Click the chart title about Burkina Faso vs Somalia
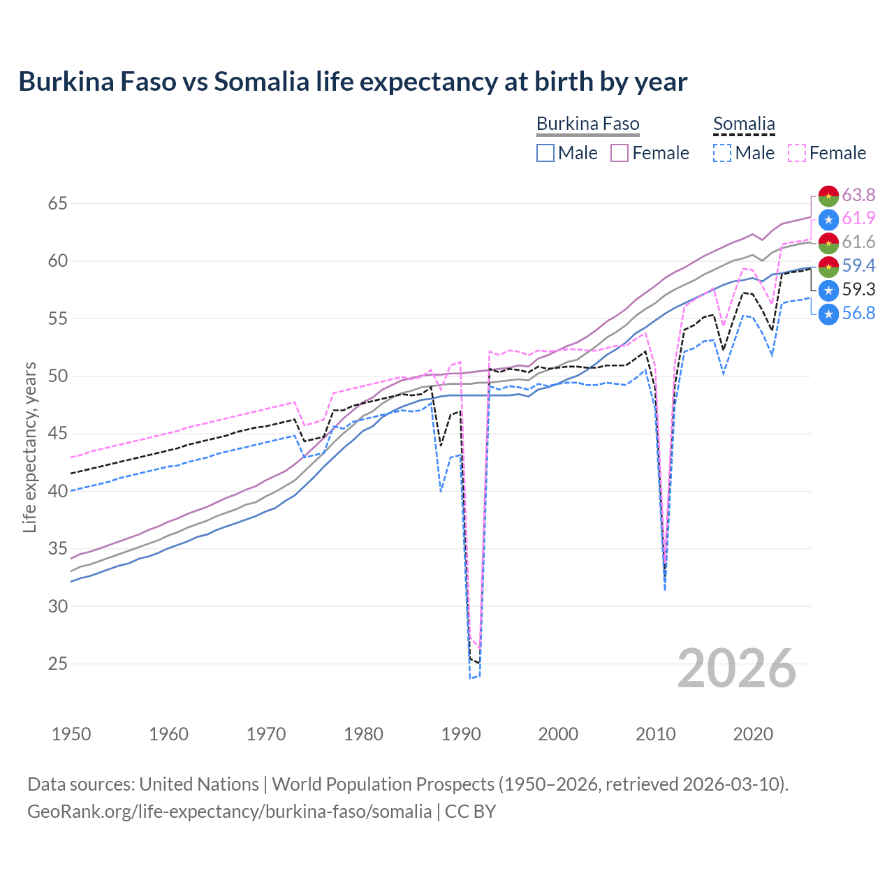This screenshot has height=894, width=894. pyautogui.click(x=353, y=82)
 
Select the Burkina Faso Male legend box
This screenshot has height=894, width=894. pyautogui.click(x=545, y=153)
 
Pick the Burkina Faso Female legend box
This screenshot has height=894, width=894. pyautogui.click(x=620, y=153)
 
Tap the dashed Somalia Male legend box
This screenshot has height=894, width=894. pyautogui.click(x=722, y=153)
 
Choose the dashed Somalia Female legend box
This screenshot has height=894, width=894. pyautogui.click(x=797, y=153)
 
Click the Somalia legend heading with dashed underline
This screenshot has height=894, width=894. pyautogui.click(x=744, y=124)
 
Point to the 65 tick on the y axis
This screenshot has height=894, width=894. pyautogui.click(x=58, y=204)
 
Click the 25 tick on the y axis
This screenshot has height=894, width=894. pyautogui.click(x=58, y=664)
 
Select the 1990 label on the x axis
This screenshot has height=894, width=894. pyautogui.click(x=461, y=734)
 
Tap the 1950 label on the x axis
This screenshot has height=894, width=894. pyautogui.click(x=71, y=734)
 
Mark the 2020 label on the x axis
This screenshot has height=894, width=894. pyautogui.click(x=753, y=734)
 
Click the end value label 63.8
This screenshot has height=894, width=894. pyautogui.click(x=858, y=195)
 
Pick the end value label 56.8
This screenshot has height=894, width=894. pyautogui.click(x=858, y=313)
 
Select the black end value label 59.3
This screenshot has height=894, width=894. pyautogui.click(x=858, y=289)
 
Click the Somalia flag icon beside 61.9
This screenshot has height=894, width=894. pyautogui.click(x=828, y=219)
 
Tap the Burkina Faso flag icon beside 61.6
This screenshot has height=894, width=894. pyautogui.click(x=828, y=242)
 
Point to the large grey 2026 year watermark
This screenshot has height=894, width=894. pyautogui.click(x=737, y=668)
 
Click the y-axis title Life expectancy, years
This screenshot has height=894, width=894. pyautogui.click(x=30, y=447)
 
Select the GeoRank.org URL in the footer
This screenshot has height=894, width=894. pyautogui.click(x=229, y=812)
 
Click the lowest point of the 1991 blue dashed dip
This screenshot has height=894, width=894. pyautogui.click(x=471, y=678)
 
